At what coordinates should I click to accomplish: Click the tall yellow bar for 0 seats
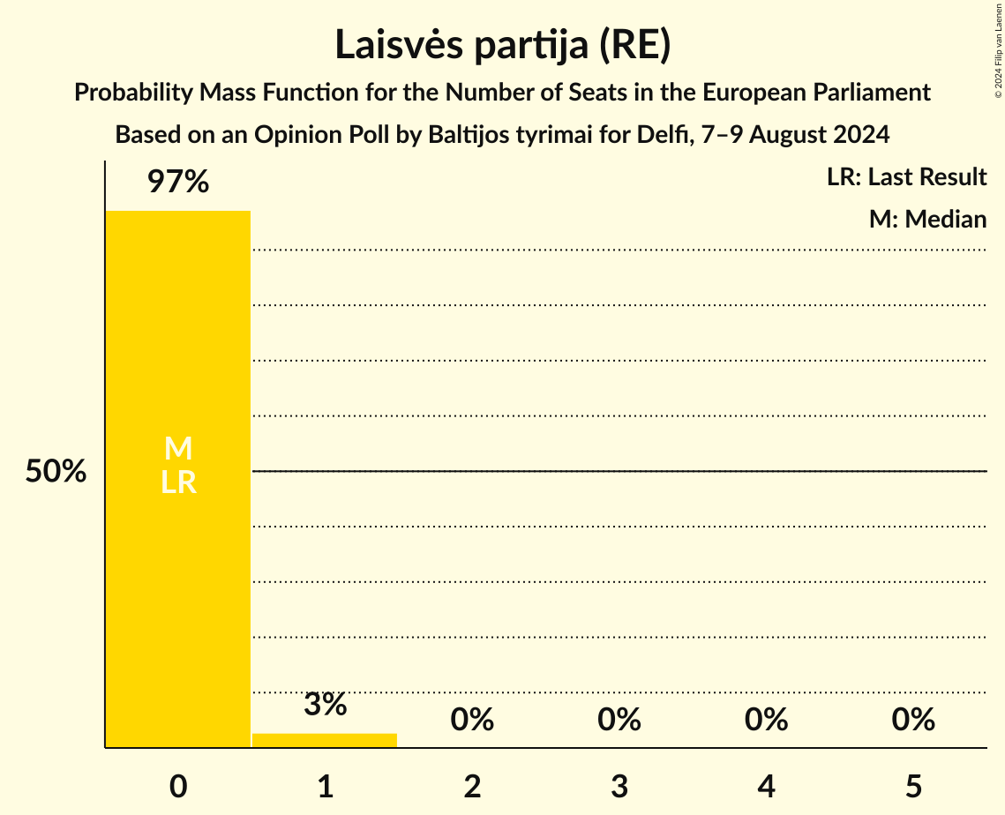click(177, 353)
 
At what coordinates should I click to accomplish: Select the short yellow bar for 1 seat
click(325, 740)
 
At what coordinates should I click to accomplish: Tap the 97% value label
click(177, 183)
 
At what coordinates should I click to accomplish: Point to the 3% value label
click(325, 705)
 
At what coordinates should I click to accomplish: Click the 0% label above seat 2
click(472, 720)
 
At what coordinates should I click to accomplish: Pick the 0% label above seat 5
click(913, 720)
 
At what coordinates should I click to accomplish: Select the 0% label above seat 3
click(619, 720)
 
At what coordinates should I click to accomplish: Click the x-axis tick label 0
click(178, 786)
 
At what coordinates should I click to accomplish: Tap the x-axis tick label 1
click(326, 786)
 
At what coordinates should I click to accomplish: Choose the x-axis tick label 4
click(767, 786)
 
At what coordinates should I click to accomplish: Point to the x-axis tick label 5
click(913, 786)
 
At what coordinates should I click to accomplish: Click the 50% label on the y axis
click(56, 472)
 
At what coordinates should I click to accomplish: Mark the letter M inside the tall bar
click(178, 449)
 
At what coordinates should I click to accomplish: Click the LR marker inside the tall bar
click(178, 482)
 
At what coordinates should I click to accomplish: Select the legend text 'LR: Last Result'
click(906, 177)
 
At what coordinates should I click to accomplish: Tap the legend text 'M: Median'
click(927, 219)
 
